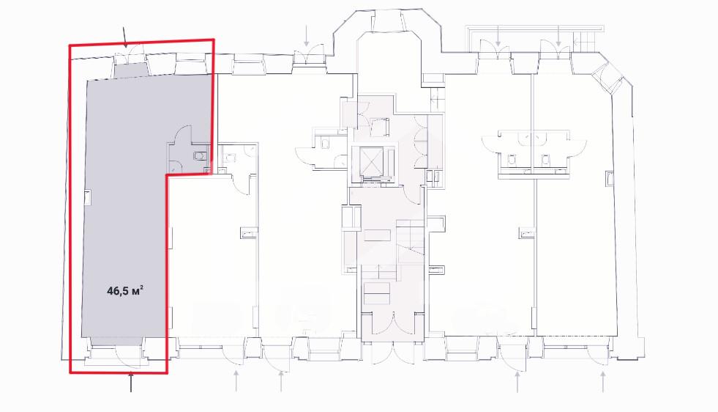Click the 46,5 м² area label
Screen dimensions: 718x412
coord(125,290)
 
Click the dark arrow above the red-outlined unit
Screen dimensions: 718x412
coord(125,37)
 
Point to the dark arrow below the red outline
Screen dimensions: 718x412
coord(132,382)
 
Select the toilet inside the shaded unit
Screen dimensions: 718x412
coord(200,155)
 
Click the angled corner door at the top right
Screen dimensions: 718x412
coord(606,79)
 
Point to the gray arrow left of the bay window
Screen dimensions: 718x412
coord(307,36)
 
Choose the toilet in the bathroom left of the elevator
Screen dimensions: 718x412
coord(325,143)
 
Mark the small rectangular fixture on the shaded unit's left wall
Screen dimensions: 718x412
coord(88,198)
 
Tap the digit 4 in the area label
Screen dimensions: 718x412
coord(111,291)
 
